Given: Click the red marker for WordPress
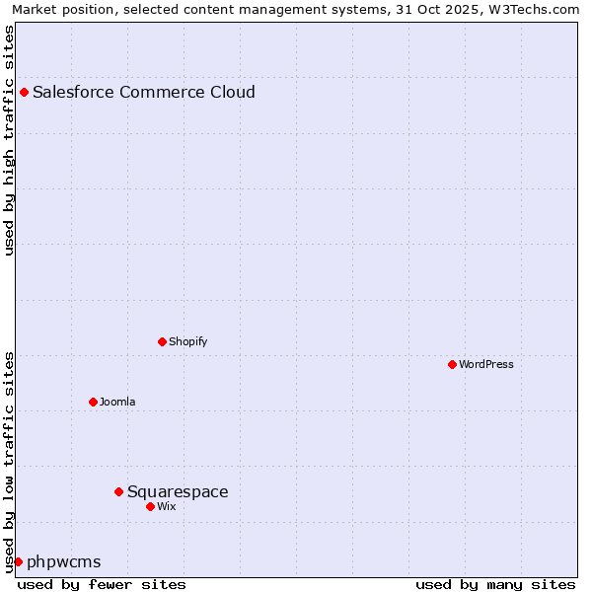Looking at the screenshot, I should [452, 364].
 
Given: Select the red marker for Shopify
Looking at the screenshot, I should [162, 341].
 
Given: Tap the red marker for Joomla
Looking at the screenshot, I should [93, 402].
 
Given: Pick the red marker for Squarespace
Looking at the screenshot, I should [118, 491].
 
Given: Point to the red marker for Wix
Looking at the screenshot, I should [150, 506].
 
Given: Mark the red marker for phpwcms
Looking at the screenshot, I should [18, 561].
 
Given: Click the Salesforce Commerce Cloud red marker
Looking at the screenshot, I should [24, 93].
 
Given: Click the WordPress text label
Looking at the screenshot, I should [486, 364].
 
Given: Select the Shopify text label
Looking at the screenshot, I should [187, 341].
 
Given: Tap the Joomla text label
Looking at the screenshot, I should [117, 402].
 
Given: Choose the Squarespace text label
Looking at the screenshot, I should [178, 491].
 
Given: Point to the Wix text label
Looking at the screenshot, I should [167, 506].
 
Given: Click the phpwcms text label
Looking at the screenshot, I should [64, 562].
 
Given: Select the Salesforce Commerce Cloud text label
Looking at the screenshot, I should [144, 93].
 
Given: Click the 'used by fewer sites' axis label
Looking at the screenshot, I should [102, 584].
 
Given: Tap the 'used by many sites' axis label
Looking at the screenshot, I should [495, 584].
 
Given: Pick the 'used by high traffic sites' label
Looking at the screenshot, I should [10, 140].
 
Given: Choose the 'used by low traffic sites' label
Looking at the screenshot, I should [10, 461].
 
